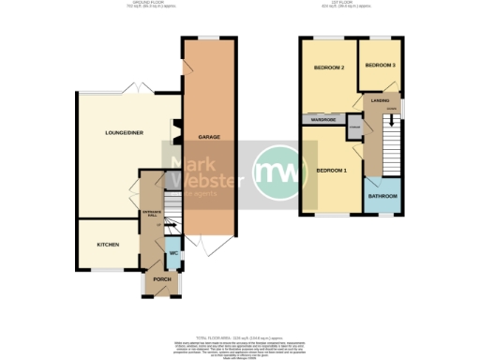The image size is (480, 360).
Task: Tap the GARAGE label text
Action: pos(208,138)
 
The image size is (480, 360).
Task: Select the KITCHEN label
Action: pos(108,244)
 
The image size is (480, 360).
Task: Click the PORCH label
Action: pos(158,279)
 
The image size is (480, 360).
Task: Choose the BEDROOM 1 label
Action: pos(331,171)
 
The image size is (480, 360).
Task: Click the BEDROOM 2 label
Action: pos(329,68)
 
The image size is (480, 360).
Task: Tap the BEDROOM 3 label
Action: pos(380,65)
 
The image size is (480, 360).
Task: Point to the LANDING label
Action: pos(380,99)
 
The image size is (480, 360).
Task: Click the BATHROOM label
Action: pos(382,196)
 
